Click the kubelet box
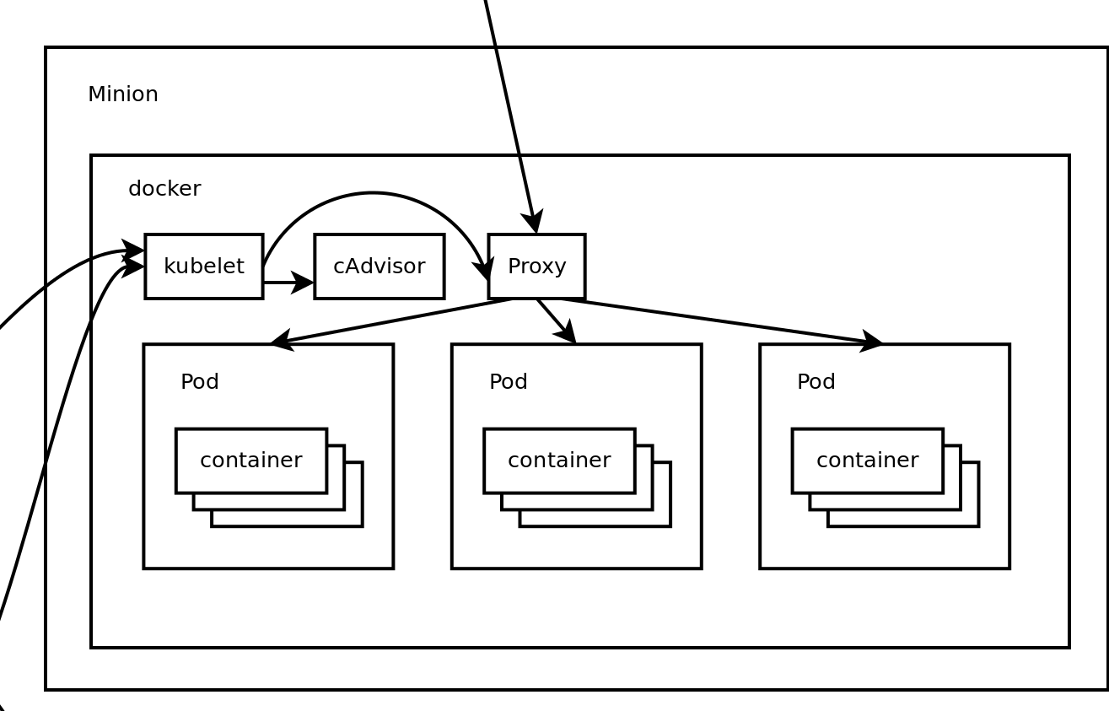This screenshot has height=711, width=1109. pyautogui.click(x=203, y=267)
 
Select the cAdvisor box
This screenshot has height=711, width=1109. pyautogui.click(x=379, y=267)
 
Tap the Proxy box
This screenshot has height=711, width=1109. pyautogui.click(x=536, y=267)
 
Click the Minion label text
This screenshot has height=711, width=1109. pyautogui.click(x=123, y=94)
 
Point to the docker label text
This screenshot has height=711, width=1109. pyautogui.click(x=164, y=189)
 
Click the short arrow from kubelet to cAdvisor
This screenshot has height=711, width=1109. pyautogui.click(x=287, y=283)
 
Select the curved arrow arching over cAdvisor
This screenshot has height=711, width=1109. pyautogui.click(x=373, y=194)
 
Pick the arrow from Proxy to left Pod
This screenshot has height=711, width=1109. pyautogui.click(x=388, y=321)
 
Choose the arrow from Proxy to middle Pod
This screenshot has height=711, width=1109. pyautogui.click(x=557, y=321)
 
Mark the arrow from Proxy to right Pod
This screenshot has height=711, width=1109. pyautogui.click(x=725, y=321)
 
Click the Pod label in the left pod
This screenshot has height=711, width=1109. pyautogui.click(x=200, y=382)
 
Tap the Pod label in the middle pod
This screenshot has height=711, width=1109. pyautogui.click(x=509, y=382)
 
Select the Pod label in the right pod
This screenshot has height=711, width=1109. pyautogui.click(x=816, y=382)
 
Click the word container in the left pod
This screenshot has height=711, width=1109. pyautogui.click(x=251, y=461)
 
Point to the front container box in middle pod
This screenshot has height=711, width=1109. pyautogui.click(x=559, y=461)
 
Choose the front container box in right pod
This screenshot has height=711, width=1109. pyautogui.click(x=867, y=461)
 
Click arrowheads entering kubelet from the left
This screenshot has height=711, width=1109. pyautogui.click(x=133, y=259)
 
